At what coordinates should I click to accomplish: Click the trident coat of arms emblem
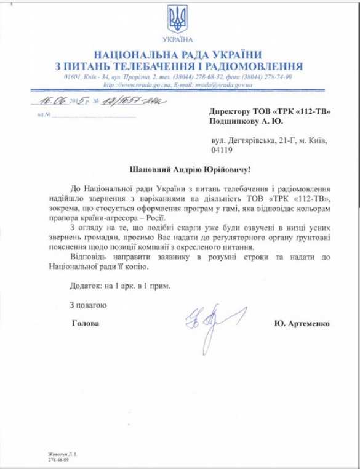pos(178,20)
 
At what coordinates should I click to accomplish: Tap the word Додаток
pos(85,286)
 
